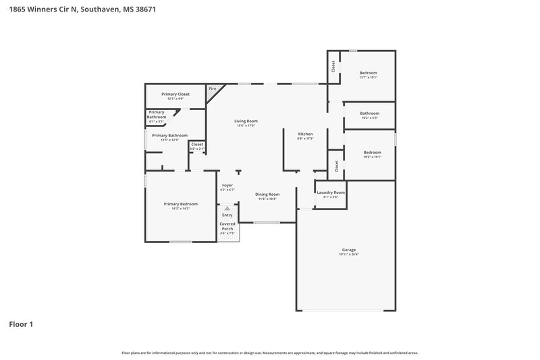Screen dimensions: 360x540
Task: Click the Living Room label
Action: tap(246, 121)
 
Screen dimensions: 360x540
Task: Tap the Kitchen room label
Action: tap(305, 134)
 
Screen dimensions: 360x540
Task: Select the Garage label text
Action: tap(348, 250)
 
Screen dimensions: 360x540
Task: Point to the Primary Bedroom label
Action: tap(180, 204)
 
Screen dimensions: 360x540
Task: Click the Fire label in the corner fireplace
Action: tap(212, 88)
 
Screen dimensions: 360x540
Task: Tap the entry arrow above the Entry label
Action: tap(227, 209)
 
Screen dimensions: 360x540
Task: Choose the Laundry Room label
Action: tap(331, 192)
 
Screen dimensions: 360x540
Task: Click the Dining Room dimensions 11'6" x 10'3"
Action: tap(267, 199)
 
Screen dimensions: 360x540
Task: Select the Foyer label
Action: tap(227, 185)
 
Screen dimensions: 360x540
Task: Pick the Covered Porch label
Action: tap(227, 226)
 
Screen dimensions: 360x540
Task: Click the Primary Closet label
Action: tap(175, 94)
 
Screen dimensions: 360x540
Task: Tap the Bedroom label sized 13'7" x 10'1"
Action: tap(368, 73)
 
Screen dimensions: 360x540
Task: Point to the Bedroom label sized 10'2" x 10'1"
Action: tap(372, 153)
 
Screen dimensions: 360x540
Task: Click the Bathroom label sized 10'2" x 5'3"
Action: tap(369, 113)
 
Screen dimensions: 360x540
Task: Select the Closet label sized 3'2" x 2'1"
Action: tap(197, 144)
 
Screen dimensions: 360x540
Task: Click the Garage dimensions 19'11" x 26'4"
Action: tap(348, 255)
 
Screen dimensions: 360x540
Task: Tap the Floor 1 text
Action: tap(21, 324)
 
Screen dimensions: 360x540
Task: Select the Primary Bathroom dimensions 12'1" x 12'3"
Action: tap(169, 140)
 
